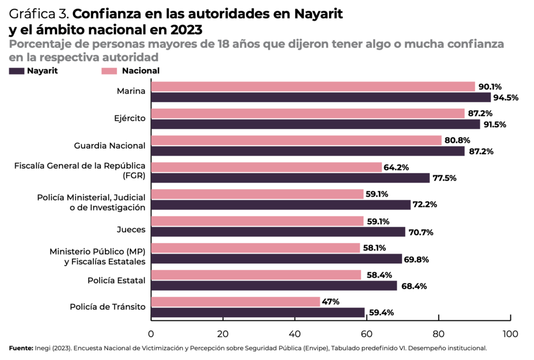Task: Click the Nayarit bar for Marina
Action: (x=321, y=98)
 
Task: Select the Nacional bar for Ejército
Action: (x=308, y=113)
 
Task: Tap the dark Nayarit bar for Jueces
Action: (x=278, y=232)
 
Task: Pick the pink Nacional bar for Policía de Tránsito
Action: (x=235, y=302)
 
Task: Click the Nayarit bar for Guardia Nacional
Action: (x=308, y=151)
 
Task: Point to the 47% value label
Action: (x=331, y=302)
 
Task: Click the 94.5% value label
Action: (x=505, y=98)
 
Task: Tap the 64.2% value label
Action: (x=396, y=167)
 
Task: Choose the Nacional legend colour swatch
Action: (x=108, y=71)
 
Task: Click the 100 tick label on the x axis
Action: (x=510, y=333)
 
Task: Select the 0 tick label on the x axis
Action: (x=151, y=333)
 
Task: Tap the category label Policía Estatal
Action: (x=116, y=280)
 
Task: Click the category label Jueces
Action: (x=131, y=229)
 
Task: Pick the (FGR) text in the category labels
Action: (x=135, y=175)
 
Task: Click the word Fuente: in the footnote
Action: (x=20, y=347)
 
